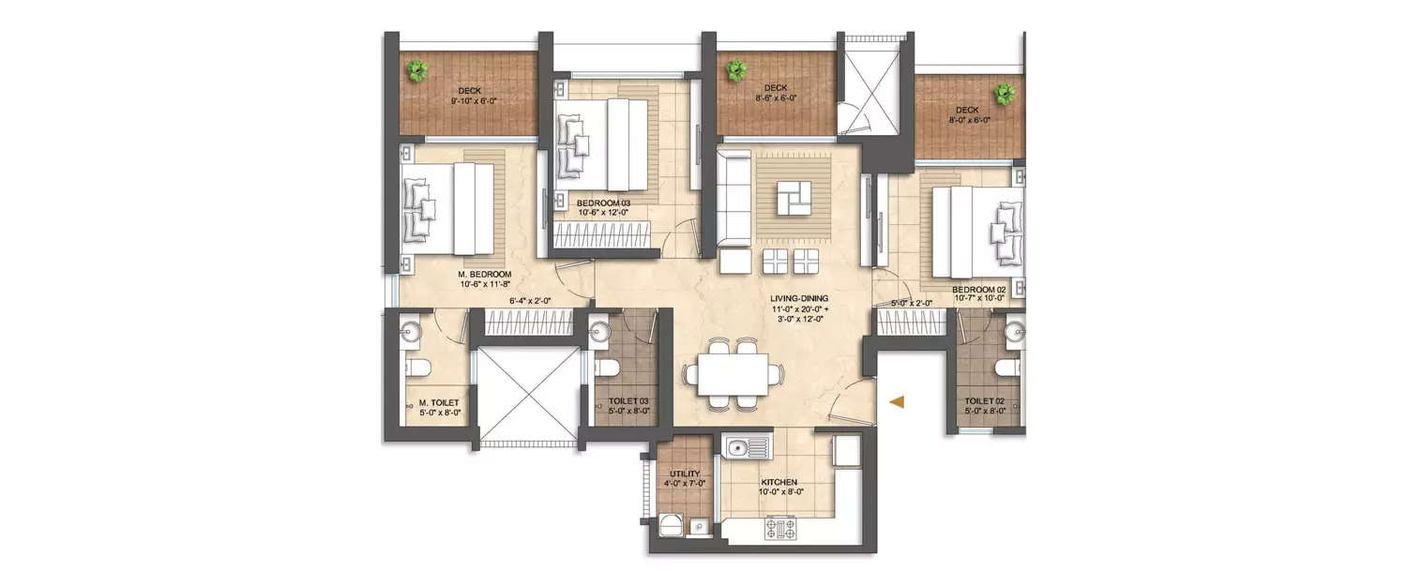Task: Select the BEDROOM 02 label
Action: tap(978, 291)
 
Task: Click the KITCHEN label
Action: tap(779, 482)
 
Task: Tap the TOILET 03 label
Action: tap(628, 400)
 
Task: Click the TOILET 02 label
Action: tap(985, 400)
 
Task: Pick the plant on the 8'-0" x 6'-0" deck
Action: tap(1006, 93)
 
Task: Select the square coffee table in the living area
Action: tap(794, 198)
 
